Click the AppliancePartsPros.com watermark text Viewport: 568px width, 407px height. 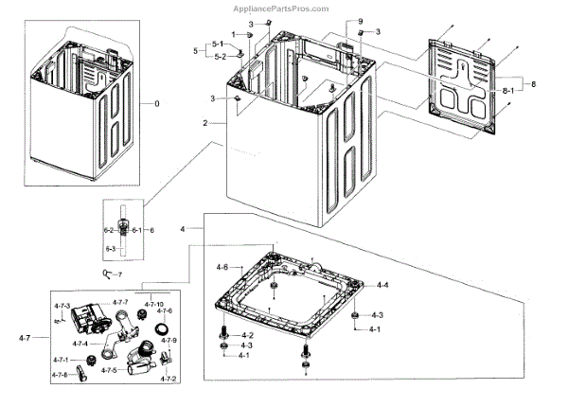point(285,8)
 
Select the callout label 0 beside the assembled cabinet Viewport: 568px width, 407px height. point(144,102)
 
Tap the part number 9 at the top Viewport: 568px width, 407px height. point(360,21)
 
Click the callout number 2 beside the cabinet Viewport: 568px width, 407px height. point(204,123)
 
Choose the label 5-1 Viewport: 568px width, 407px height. point(217,44)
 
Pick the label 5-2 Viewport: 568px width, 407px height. point(217,56)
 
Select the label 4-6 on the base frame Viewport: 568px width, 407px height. point(222,269)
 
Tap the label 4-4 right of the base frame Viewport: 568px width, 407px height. point(382,285)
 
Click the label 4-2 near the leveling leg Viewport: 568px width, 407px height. point(247,335)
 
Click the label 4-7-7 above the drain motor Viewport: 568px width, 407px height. point(120,303)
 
